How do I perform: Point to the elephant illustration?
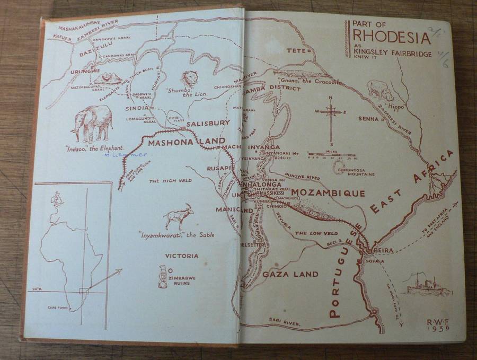94,122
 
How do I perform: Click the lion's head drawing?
189,80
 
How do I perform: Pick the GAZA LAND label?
290,274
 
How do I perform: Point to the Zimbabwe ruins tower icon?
163,276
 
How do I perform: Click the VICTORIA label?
182,256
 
